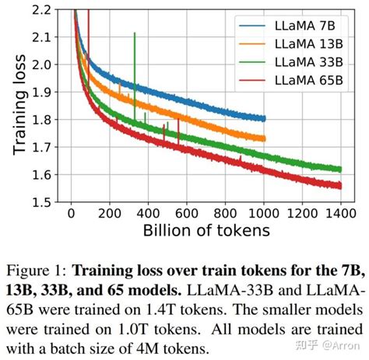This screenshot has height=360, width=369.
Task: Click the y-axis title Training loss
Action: pyautogui.click(x=16, y=107)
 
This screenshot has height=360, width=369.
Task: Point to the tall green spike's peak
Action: pyautogui.click(x=135, y=33)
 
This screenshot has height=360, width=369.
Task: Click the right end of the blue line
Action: pyautogui.click(x=265, y=119)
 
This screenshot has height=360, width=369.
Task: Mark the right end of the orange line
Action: pyautogui.click(x=265, y=138)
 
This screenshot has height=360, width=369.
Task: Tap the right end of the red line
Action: pyautogui.click(x=340, y=186)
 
